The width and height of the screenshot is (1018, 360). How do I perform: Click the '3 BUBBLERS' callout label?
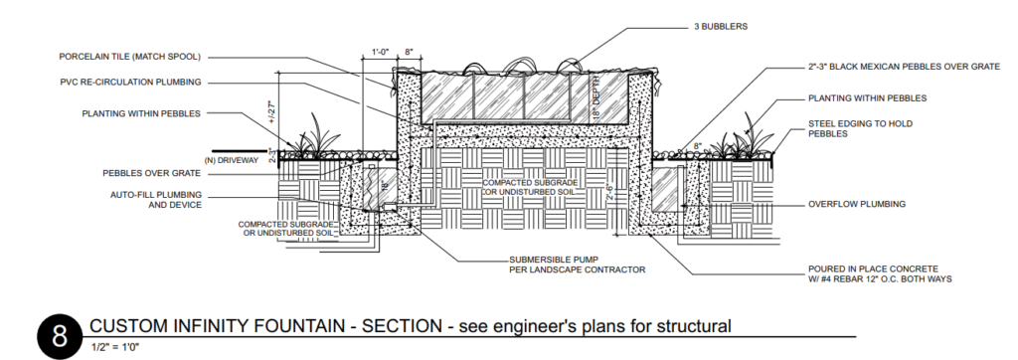[x=720, y=27]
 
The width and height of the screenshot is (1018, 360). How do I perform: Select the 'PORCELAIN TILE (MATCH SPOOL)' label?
[x=130, y=57]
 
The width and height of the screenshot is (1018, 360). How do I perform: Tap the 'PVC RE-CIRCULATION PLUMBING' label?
[x=130, y=82]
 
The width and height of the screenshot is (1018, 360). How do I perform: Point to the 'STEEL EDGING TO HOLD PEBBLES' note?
[x=860, y=128]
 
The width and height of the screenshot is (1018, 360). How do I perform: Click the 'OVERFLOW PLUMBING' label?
[x=856, y=204]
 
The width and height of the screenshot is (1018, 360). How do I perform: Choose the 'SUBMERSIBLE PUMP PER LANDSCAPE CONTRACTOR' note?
[x=578, y=265]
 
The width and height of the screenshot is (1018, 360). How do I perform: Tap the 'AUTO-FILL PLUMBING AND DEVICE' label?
[x=156, y=200]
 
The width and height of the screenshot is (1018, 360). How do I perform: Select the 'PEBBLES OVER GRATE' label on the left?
[x=152, y=173]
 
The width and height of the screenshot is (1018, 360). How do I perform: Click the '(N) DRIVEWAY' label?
[x=231, y=160]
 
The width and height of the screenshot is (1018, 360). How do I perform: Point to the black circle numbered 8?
[x=59, y=336]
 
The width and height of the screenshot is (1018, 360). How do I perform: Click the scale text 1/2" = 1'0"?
[x=115, y=347]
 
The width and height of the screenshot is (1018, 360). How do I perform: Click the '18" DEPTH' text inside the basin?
[x=596, y=96]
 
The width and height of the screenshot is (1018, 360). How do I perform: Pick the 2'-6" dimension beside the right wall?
[x=608, y=190]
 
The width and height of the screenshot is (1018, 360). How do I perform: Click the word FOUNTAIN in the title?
[x=304, y=325]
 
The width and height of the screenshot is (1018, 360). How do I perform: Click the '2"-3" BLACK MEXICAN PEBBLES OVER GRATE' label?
[x=904, y=67]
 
